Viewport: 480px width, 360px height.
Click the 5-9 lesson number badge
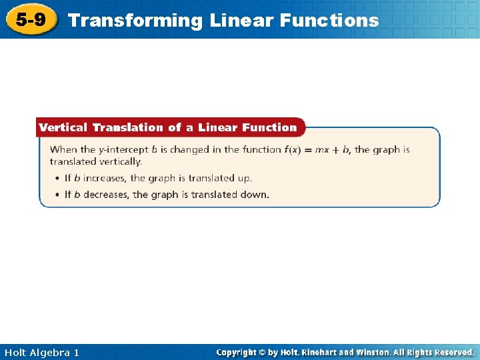pyautogui.click(x=31, y=19)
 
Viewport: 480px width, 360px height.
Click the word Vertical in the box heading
pyautogui.click(x=63, y=127)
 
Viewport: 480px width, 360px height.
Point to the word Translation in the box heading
pyautogui.click(x=128, y=127)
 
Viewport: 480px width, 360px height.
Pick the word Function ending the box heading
pyautogui.click(x=269, y=127)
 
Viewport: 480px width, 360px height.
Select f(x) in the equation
pyautogui.click(x=293, y=150)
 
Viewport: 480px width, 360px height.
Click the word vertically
pyautogui.click(x=119, y=161)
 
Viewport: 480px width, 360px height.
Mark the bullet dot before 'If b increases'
pyautogui.click(x=58, y=179)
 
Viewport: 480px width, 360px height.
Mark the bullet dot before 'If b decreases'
pyautogui.click(x=58, y=195)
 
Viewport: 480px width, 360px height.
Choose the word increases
pyautogui.click(x=104, y=179)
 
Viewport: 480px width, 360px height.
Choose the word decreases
pyautogui.click(x=105, y=195)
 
